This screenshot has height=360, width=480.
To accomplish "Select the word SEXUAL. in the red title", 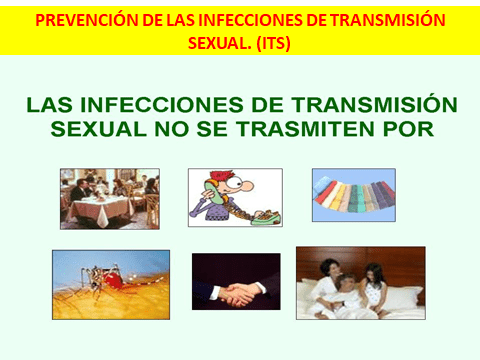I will point(215,44).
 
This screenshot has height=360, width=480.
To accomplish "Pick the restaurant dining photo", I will point(109,198).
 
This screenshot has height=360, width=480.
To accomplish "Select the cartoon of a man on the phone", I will point(235,198).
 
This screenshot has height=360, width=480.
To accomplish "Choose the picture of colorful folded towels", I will point(353,194).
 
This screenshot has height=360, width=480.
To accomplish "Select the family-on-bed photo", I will point(360,284).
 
